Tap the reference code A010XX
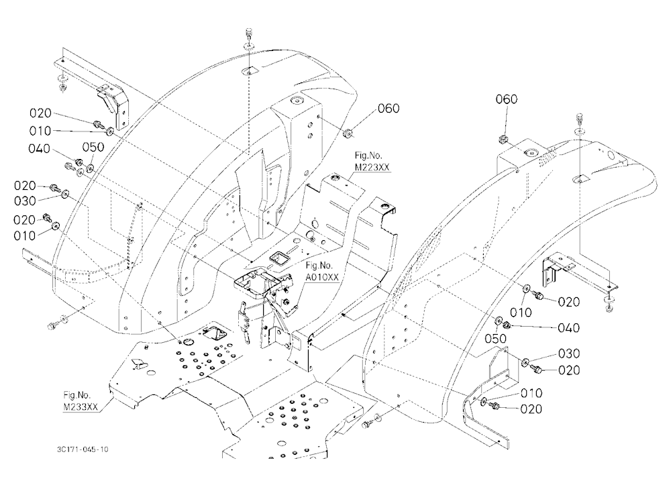tap(322, 277)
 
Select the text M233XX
tap(81, 407)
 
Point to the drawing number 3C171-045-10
tap(82, 449)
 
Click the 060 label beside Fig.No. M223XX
tap(388, 108)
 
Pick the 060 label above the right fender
tap(506, 99)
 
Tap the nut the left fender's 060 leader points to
tap(348, 134)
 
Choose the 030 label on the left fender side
tap(25, 201)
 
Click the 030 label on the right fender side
tap(569, 354)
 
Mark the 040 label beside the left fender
tap(39, 148)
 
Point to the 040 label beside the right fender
tap(569, 328)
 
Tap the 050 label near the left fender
tap(93, 147)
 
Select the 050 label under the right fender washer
tap(496, 339)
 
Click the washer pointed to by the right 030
tap(525, 362)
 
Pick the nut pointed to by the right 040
tap(506, 325)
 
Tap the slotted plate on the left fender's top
tap(249, 71)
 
